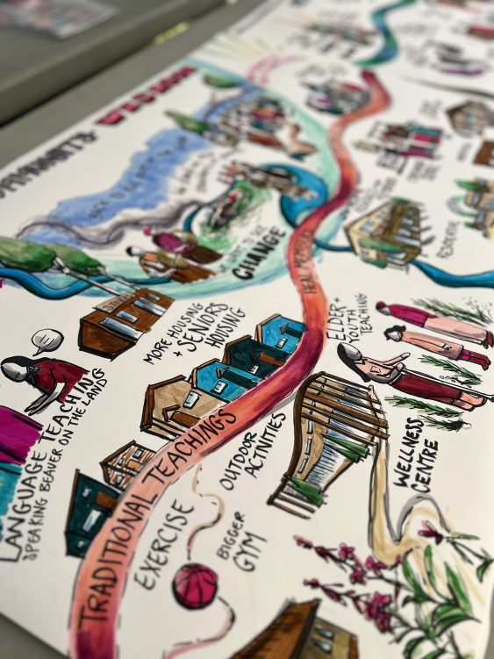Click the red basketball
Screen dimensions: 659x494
click(x=195, y=585)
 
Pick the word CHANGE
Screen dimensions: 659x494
click(x=260, y=252)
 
